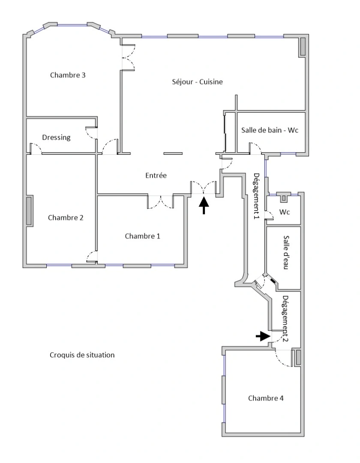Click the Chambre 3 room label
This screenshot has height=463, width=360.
68,75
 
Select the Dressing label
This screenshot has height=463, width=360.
56,138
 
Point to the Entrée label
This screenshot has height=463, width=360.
156,175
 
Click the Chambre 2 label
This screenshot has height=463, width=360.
66,217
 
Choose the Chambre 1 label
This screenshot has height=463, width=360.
143,236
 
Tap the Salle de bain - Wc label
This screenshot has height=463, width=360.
270,130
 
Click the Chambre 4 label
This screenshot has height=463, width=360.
266,398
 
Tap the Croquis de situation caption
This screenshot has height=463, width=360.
82,355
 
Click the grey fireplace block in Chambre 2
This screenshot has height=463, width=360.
29,210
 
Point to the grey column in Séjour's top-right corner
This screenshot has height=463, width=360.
302,46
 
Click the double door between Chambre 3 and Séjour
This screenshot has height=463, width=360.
128,57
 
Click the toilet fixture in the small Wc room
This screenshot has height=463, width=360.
283,198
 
